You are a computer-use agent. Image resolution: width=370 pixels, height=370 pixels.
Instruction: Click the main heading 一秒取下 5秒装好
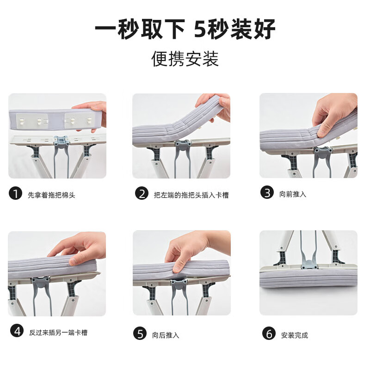point(185,29)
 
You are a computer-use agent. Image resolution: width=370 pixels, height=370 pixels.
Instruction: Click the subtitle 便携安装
point(185,59)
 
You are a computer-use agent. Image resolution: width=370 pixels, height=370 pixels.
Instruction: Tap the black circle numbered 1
point(16,194)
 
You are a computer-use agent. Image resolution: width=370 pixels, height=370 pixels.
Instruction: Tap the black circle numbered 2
point(142,193)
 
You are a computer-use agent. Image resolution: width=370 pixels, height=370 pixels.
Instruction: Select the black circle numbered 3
point(267,193)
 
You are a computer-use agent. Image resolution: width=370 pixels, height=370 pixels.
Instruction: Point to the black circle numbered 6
point(269,333)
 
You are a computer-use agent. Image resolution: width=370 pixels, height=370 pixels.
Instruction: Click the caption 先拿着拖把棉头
point(52,195)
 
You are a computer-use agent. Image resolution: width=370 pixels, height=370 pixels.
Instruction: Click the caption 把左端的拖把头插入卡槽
point(191,195)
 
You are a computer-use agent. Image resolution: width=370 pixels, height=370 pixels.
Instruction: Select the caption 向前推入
point(293,194)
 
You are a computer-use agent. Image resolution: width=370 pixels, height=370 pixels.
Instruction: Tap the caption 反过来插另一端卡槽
point(58,332)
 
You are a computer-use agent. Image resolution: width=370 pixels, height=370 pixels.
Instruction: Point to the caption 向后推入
point(166,334)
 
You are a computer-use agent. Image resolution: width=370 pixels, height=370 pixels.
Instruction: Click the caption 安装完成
point(295,335)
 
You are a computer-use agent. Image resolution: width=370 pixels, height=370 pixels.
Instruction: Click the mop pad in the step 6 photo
point(308,278)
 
